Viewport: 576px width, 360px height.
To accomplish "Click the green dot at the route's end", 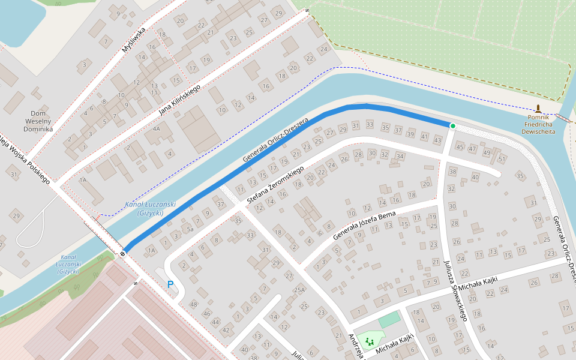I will (452, 125).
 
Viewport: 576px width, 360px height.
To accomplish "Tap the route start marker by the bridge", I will (122, 254).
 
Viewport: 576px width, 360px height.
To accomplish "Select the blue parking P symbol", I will (170, 284).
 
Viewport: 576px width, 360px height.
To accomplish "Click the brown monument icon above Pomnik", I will (538, 109).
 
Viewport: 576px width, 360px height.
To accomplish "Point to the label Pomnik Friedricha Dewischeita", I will (538, 124).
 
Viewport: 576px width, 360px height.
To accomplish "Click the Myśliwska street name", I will (133, 41).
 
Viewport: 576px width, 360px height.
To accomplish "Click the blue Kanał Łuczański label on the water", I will (150, 208).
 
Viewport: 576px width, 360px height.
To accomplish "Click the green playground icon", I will (370, 341).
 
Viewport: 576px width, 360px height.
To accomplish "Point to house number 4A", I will (157, 128).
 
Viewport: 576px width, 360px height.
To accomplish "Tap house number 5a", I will (190, 229).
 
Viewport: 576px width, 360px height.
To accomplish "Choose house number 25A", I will (299, 290).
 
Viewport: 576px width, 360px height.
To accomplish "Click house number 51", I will (502, 159).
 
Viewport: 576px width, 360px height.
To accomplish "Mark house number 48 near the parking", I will (193, 304).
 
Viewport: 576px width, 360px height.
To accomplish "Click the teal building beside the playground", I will (388, 319).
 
